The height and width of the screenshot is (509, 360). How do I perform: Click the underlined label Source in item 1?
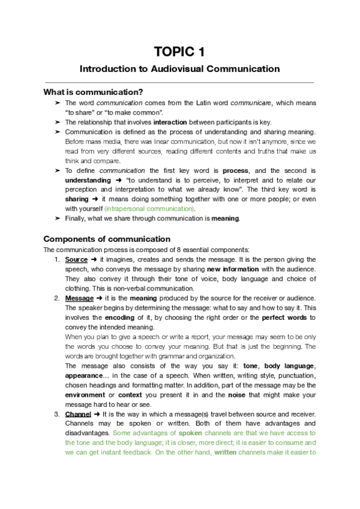tap(76, 259)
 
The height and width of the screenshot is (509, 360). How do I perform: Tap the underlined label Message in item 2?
tap(79, 298)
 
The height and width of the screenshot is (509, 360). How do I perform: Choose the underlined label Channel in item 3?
tap(78, 397)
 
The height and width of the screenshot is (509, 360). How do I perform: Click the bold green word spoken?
tap(192, 416)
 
